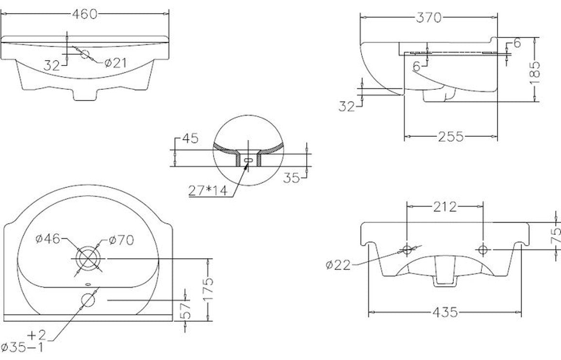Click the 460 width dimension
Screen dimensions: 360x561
click(85, 14)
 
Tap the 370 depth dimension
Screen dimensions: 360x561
click(429, 17)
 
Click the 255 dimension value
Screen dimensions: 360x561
click(450, 137)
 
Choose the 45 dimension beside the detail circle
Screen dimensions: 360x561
click(190, 139)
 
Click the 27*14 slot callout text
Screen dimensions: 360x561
click(208, 191)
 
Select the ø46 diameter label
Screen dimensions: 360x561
click(48, 238)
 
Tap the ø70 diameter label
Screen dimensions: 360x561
click(121, 239)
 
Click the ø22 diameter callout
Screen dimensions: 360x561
click(338, 264)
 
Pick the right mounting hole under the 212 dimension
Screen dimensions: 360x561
click(482, 249)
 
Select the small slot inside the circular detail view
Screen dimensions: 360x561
click(248, 160)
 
